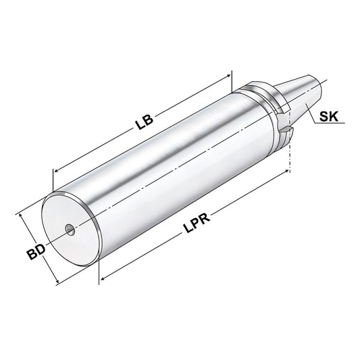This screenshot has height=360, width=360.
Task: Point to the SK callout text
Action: (x=330, y=115)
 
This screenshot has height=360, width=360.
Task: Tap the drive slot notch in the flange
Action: (x=286, y=128)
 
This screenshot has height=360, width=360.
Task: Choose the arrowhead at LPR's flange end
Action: (x=286, y=173)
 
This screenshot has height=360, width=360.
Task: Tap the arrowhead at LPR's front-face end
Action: (x=103, y=276)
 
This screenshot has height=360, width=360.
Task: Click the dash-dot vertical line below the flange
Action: (x=291, y=155)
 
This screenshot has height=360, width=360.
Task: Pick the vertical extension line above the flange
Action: (x=232, y=81)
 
